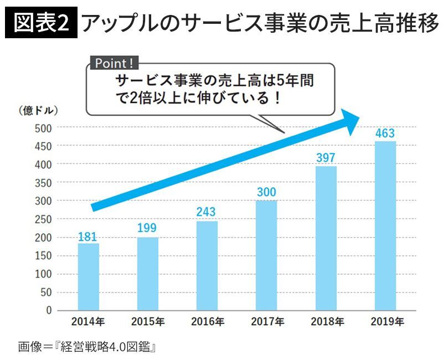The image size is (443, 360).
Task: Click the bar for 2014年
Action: coord(89,277)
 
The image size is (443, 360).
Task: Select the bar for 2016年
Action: coord(207,266)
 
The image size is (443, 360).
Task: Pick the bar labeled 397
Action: coord(326,238)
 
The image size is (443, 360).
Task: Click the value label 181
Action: coord(89,236)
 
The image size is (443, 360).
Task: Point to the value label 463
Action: coord(385,133)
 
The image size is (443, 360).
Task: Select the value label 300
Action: coord(266,193)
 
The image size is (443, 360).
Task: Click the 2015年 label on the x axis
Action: coord(148,321)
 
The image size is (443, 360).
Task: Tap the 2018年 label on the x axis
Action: coord(326,321)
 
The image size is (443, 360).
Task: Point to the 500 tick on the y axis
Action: coord(43,128)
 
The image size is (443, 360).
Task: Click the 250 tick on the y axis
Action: coord(43,219)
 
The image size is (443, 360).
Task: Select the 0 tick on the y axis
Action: coord(48,310)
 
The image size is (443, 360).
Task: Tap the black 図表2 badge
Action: coord(40,24)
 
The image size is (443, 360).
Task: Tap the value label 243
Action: coord(207,212)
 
